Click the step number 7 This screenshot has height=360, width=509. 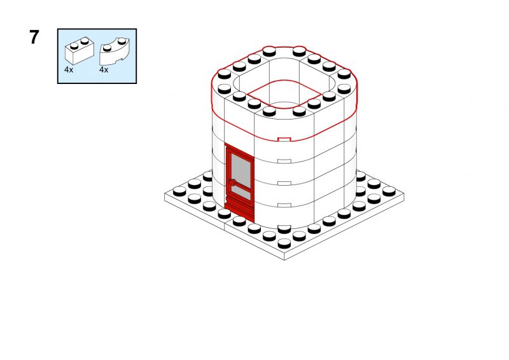[x=34, y=37]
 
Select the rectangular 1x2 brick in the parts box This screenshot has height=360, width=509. [x=80, y=51]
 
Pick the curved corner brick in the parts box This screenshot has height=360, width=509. [x=115, y=52]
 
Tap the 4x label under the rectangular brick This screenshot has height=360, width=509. [x=69, y=70]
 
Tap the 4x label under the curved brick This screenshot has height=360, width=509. [x=104, y=70]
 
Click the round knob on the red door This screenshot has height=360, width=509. [x=232, y=182]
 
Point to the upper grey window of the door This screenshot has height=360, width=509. [x=241, y=170]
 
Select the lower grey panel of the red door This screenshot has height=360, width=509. [x=242, y=193]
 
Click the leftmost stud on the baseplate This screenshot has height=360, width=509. [x=179, y=191]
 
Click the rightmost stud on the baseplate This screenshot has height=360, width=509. [x=389, y=191]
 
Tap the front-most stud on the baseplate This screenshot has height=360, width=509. [x=284, y=243]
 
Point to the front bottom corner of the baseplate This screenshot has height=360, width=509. [x=284, y=260]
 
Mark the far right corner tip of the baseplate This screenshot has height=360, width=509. [x=404, y=193]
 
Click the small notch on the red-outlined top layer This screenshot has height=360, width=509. [x=284, y=139]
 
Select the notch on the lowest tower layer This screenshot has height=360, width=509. [x=284, y=205]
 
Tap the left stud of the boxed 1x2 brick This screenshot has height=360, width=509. [x=74, y=45]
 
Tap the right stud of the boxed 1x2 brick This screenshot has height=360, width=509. [x=85, y=41]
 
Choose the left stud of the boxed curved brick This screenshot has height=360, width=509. [x=107, y=48]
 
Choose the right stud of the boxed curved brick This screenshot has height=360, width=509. [x=122, y=41]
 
